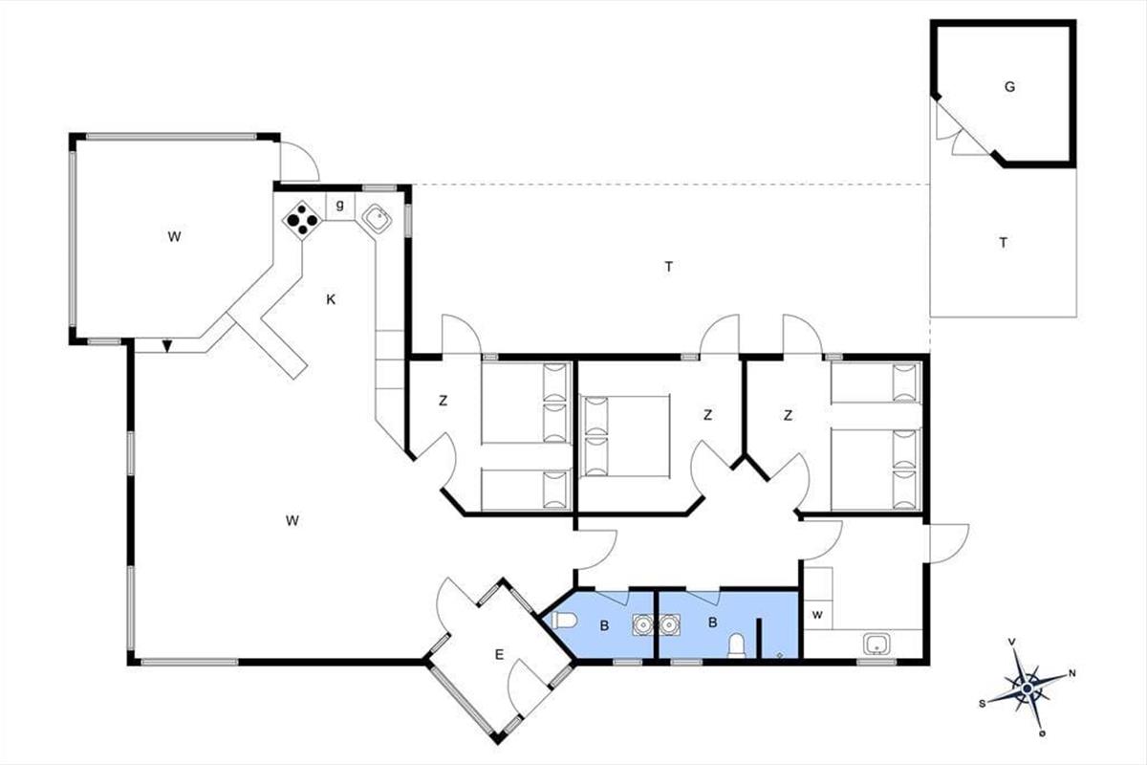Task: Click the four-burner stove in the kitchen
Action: (302, 220)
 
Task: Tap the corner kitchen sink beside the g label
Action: (377, 219)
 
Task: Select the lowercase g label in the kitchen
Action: (340, 205)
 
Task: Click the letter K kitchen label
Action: (331, 299)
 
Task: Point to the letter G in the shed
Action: (1009, 87)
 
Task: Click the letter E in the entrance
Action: (499, 654)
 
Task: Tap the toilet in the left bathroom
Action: (563, 621)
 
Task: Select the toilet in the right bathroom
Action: (736, 645)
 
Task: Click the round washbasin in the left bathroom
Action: (642, 624)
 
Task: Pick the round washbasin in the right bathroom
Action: (669, 624)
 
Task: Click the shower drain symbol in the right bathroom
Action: (779, 654)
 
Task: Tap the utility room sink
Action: (876, 645)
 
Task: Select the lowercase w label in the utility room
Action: (817, 615)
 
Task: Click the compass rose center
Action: (1028, 688)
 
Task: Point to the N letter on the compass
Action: (1071, 673)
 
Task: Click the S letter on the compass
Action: (983, 704)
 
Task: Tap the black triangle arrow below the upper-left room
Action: (166, 346)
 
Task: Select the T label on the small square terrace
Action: (1003, 242)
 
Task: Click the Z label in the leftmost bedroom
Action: (443, 401)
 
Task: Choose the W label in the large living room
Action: (292, 520)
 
